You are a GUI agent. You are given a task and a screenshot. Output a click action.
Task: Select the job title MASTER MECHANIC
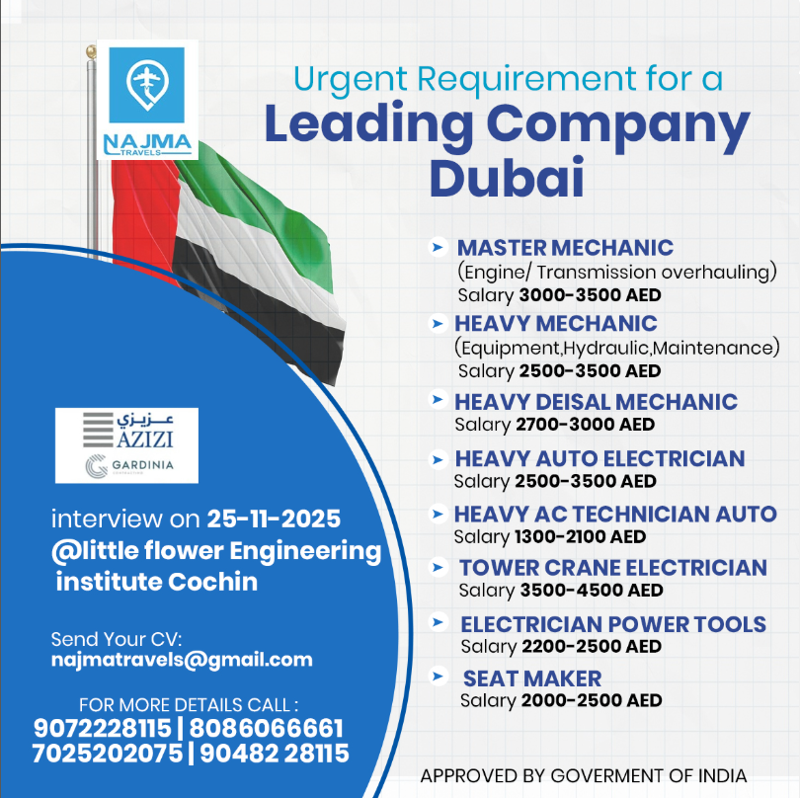tap(565, 247)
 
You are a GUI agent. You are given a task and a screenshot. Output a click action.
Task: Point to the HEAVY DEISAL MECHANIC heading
tap(596, 402)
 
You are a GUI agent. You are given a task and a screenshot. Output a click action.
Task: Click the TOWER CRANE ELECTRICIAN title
tap(612, 568)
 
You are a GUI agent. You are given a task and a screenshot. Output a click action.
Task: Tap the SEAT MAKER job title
tap(532, 678)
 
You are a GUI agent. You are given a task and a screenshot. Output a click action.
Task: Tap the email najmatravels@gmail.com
tap(182, 660)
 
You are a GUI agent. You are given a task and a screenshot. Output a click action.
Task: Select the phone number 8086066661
tap(269, 729)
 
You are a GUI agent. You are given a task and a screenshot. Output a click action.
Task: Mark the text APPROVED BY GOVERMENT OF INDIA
tap(584, 775)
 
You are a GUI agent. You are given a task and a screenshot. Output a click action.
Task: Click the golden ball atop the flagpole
tap(92, 49)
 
